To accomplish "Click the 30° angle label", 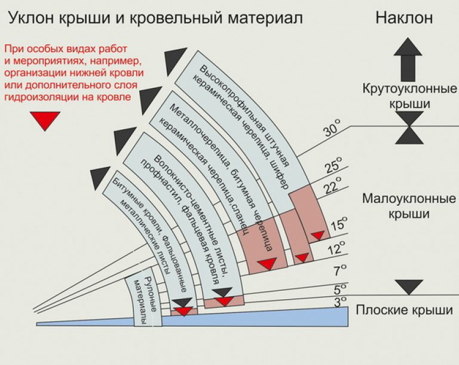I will click(332, 130).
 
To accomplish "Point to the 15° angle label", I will click(339, 226).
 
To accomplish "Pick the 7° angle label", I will click(339, 269).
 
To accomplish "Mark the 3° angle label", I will click(339, 300).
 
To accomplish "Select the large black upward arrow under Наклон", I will click(408, 56).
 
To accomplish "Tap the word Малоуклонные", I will click(409, 199).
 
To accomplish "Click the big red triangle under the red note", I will click(45, 121).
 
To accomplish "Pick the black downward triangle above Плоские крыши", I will click(409, 287).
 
